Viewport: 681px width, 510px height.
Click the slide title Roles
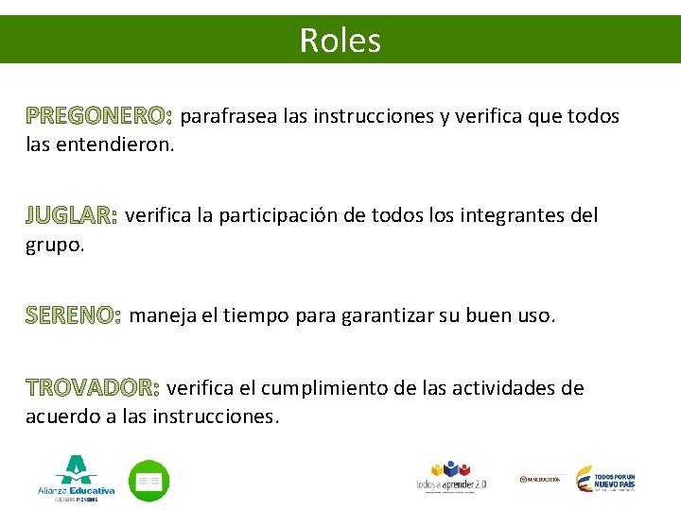[x=340, y=40]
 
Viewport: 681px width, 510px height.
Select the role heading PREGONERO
[x=99, y=116]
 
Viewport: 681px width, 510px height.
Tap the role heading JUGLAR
[x=71, y=216]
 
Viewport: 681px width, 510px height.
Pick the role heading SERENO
[x=74, y=314]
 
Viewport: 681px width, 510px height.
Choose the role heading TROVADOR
[x=94, y=388]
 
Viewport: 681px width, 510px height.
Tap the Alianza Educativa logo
[x=77, y=477]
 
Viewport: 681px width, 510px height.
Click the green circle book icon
[x=148, y=481]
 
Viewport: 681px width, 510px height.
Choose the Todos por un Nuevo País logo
[x=605, y=479]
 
